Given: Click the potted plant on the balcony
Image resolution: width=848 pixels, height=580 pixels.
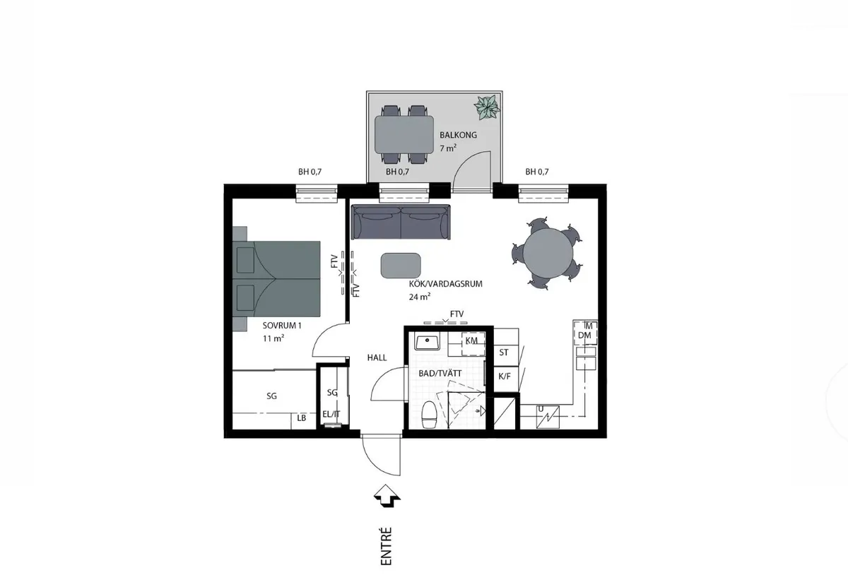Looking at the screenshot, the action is tap(487, 107).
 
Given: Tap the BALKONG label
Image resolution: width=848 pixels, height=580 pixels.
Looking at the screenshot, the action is tap(458, 135).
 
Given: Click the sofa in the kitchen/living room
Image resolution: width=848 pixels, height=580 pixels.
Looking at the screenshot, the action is tap(401, 222).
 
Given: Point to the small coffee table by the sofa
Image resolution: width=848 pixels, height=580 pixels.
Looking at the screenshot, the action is tap(401, 265).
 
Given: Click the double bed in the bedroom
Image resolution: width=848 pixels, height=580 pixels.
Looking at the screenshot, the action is tap(276, 278).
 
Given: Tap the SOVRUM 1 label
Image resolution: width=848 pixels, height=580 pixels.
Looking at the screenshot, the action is tap(282, 326).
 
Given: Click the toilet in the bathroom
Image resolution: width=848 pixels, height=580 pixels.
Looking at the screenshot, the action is tap(430, 415).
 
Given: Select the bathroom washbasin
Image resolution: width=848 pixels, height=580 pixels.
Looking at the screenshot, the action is tap(427, 341).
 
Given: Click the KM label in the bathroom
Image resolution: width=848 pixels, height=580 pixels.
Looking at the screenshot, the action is tap(471, 341).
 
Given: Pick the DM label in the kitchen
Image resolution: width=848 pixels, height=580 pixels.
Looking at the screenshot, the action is tap(584, 335).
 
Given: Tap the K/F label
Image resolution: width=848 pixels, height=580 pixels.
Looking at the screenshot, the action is tap(505, 377).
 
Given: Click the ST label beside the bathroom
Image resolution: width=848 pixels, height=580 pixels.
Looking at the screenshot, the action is tap(503, 353).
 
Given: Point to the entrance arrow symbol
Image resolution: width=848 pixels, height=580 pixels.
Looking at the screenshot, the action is tap(387, 496).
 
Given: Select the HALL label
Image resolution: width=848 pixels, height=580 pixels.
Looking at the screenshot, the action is tap(377, 357).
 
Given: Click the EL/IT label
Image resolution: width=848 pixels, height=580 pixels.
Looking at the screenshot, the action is tap(331, 414).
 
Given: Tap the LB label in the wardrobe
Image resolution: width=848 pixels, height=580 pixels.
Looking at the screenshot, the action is tap(301, 418).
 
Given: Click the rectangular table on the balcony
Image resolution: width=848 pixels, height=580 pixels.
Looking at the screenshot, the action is tap(404, 134).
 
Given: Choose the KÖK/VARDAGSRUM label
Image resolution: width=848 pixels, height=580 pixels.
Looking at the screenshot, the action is tap(446, 284).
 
